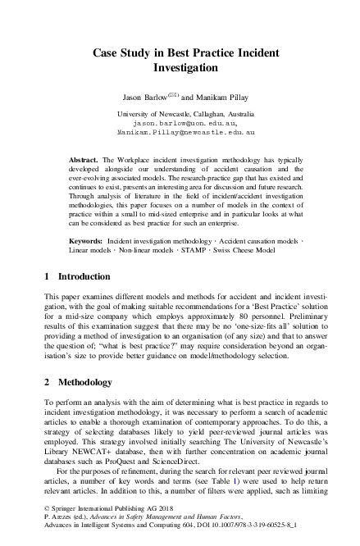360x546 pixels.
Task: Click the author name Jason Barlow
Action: click(x=143, y=97)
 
